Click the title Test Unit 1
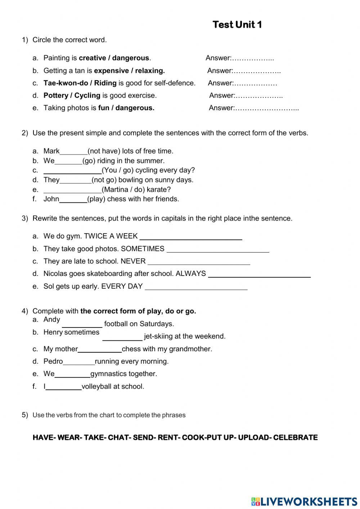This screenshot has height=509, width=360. click(x=237, y=24)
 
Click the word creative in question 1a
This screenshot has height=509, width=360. click(x=92, y=58)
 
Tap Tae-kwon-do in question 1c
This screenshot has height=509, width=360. click(x=66, y=83)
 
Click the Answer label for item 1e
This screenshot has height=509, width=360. click(x=221, y=108)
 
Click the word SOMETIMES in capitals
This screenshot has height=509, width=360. click(x=143, y=249)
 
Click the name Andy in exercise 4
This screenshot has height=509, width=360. click(x=51, y=320)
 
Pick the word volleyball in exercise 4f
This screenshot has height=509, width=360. click(x=97, y=387)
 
